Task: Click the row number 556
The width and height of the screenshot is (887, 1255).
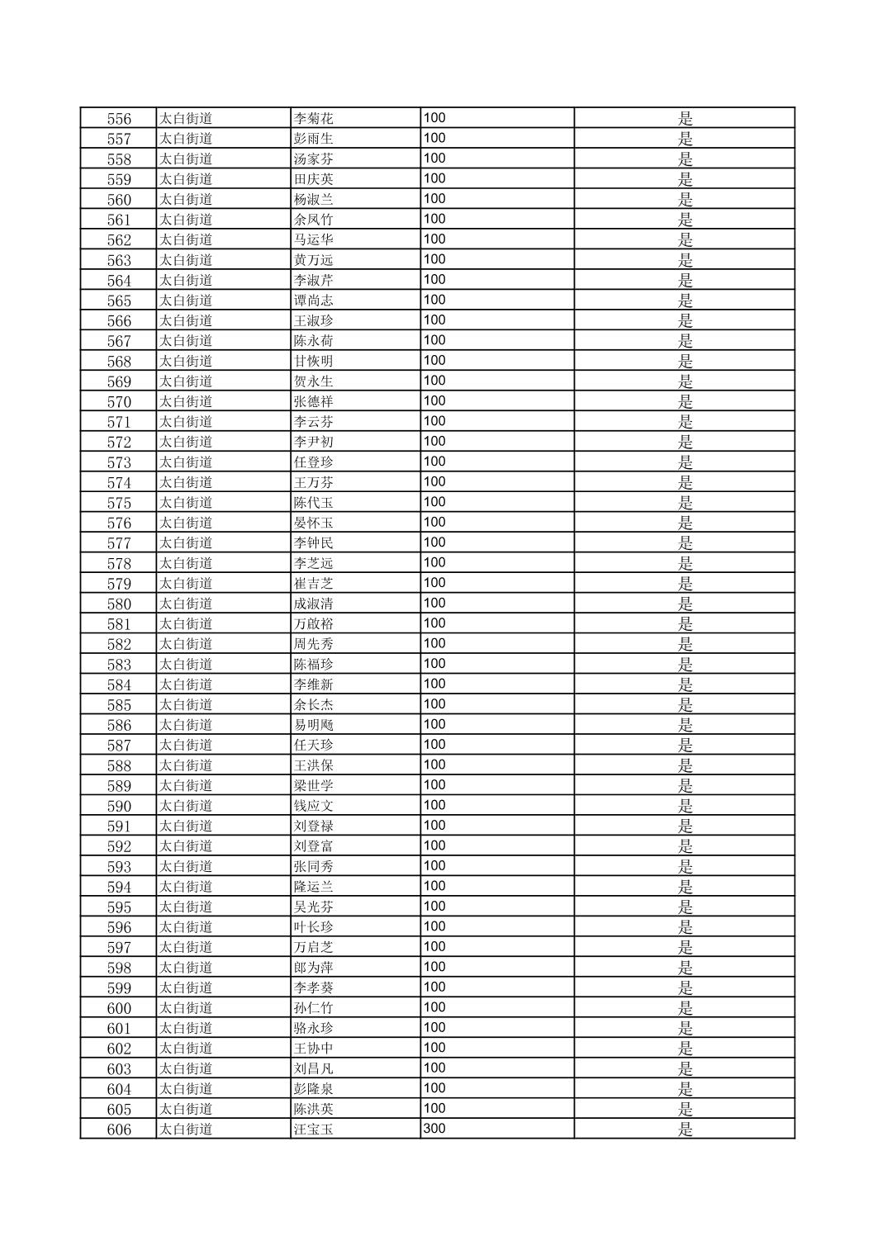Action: click(119, 119)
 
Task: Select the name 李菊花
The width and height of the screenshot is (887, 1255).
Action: click(314, 119)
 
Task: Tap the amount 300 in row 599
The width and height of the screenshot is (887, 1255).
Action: click(434, 987)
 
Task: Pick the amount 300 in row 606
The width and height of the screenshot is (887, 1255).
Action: click(434, 1128)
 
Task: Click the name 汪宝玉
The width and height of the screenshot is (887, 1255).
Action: click(314, 1129)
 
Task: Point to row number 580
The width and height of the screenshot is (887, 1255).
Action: click(119, 604)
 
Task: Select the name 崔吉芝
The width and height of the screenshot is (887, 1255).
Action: click(314, 584)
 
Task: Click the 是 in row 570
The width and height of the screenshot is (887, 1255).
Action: click(685, 402)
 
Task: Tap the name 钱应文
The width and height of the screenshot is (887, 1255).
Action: click(314, 806)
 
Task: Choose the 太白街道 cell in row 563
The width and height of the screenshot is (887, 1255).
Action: click(186, 260)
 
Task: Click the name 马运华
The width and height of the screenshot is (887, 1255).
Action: click(314, 240)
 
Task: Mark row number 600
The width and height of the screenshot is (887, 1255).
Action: click(119, 1008)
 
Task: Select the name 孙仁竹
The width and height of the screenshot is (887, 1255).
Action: click(314, 1008)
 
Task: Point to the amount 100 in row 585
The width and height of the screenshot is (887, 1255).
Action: click(434, 703)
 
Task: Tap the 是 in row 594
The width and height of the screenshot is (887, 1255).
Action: click(685, 887)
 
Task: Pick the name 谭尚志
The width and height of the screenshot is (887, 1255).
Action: click(314, 301)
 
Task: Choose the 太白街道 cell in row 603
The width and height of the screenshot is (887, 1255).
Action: click(186, 1068)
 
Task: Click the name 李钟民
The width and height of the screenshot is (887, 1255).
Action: click(314, 543)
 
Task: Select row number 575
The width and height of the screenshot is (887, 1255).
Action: click(119, 503)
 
